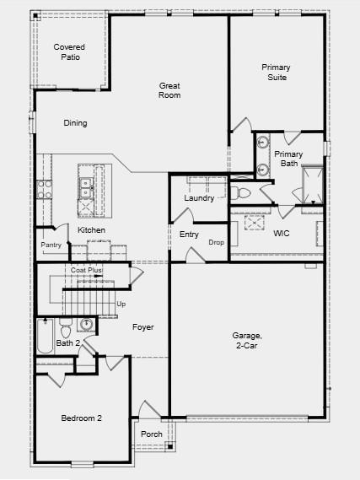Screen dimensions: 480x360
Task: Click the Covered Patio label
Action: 69,52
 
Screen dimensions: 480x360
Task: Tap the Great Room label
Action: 169,90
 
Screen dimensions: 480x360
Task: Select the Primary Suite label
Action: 275,72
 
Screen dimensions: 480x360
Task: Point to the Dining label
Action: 75,123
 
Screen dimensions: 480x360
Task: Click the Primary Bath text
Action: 288,159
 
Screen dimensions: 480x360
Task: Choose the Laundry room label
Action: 199,198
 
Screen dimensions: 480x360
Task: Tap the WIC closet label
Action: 281,233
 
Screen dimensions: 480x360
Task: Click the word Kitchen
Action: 91,230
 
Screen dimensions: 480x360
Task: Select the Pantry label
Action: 51,245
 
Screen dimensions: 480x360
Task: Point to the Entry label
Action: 189,235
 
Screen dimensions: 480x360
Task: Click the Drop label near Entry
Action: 216,243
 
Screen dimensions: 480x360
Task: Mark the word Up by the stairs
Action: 121,304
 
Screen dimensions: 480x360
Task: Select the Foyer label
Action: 142,326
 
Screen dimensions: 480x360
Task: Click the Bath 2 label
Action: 67,343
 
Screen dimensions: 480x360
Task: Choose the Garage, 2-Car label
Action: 247,340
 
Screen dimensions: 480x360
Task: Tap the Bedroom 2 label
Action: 81,418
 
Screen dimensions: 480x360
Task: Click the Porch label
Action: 152,434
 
